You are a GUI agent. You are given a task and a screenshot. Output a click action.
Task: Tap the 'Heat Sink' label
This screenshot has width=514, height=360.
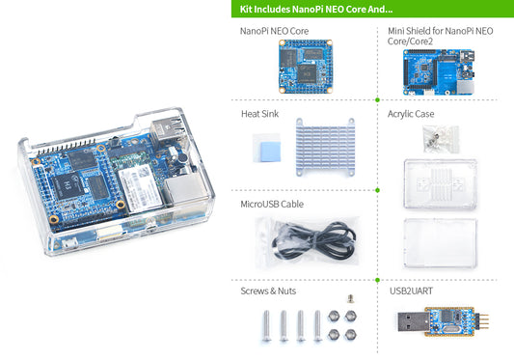pyautogui.click(x=259, y=114)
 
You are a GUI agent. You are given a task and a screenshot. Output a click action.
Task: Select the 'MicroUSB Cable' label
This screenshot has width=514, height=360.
pyautogui.click(x=274, y=205)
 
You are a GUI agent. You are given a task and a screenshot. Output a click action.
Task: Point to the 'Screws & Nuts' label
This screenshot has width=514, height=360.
pyautogui.click(x=270, y=291)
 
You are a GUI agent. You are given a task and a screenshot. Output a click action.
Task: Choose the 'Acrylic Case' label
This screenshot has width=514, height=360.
pyautogui.click(x=411, y=114)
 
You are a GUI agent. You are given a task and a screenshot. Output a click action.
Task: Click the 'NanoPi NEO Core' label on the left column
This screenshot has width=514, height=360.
pyautogui.click(x=274, y=31)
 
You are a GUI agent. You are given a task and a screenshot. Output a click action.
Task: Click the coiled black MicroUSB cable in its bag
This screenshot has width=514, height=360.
pyautogui.click(x=301, y=237)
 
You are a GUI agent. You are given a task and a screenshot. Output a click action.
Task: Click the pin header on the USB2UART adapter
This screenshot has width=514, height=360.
pyautogui.click(x=487, y=322)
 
